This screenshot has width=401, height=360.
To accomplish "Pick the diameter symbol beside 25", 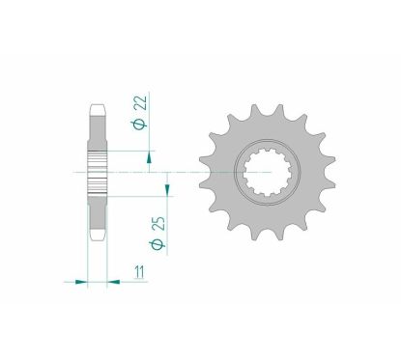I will (x=158, y=256).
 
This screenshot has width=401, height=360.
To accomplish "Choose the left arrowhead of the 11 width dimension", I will (x=83, y=282).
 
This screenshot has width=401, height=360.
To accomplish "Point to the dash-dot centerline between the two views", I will (x=179, y=172).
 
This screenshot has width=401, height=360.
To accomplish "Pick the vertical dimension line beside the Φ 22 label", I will (x=148, y=116).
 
